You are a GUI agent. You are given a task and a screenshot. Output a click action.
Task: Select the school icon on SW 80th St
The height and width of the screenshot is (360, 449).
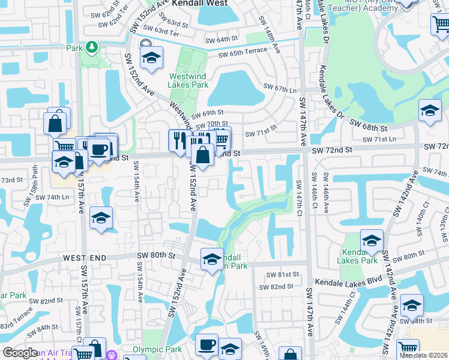point(212,259)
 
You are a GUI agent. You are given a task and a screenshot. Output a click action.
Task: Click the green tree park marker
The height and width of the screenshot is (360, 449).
point(91,46)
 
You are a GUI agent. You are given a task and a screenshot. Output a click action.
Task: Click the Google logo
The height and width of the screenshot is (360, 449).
point(20,353)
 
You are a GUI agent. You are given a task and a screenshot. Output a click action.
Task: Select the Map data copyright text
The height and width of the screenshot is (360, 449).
point(423,355)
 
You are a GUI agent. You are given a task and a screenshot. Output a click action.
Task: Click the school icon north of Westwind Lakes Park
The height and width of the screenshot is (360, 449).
point(151,58)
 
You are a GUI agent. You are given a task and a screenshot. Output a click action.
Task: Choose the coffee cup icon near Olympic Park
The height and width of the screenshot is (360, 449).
point(207,344)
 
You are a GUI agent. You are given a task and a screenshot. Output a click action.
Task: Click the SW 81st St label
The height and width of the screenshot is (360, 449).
point(284,274)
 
